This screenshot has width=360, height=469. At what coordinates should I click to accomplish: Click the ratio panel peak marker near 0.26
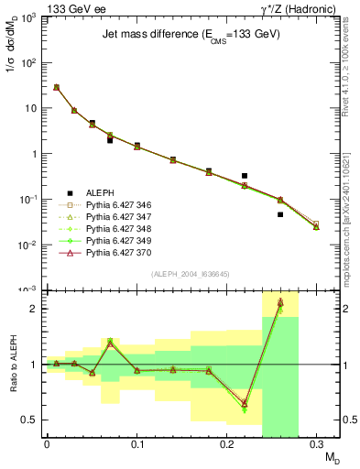(x=280, y=302)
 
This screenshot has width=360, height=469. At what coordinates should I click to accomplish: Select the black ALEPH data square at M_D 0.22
(x=245, y=175)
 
